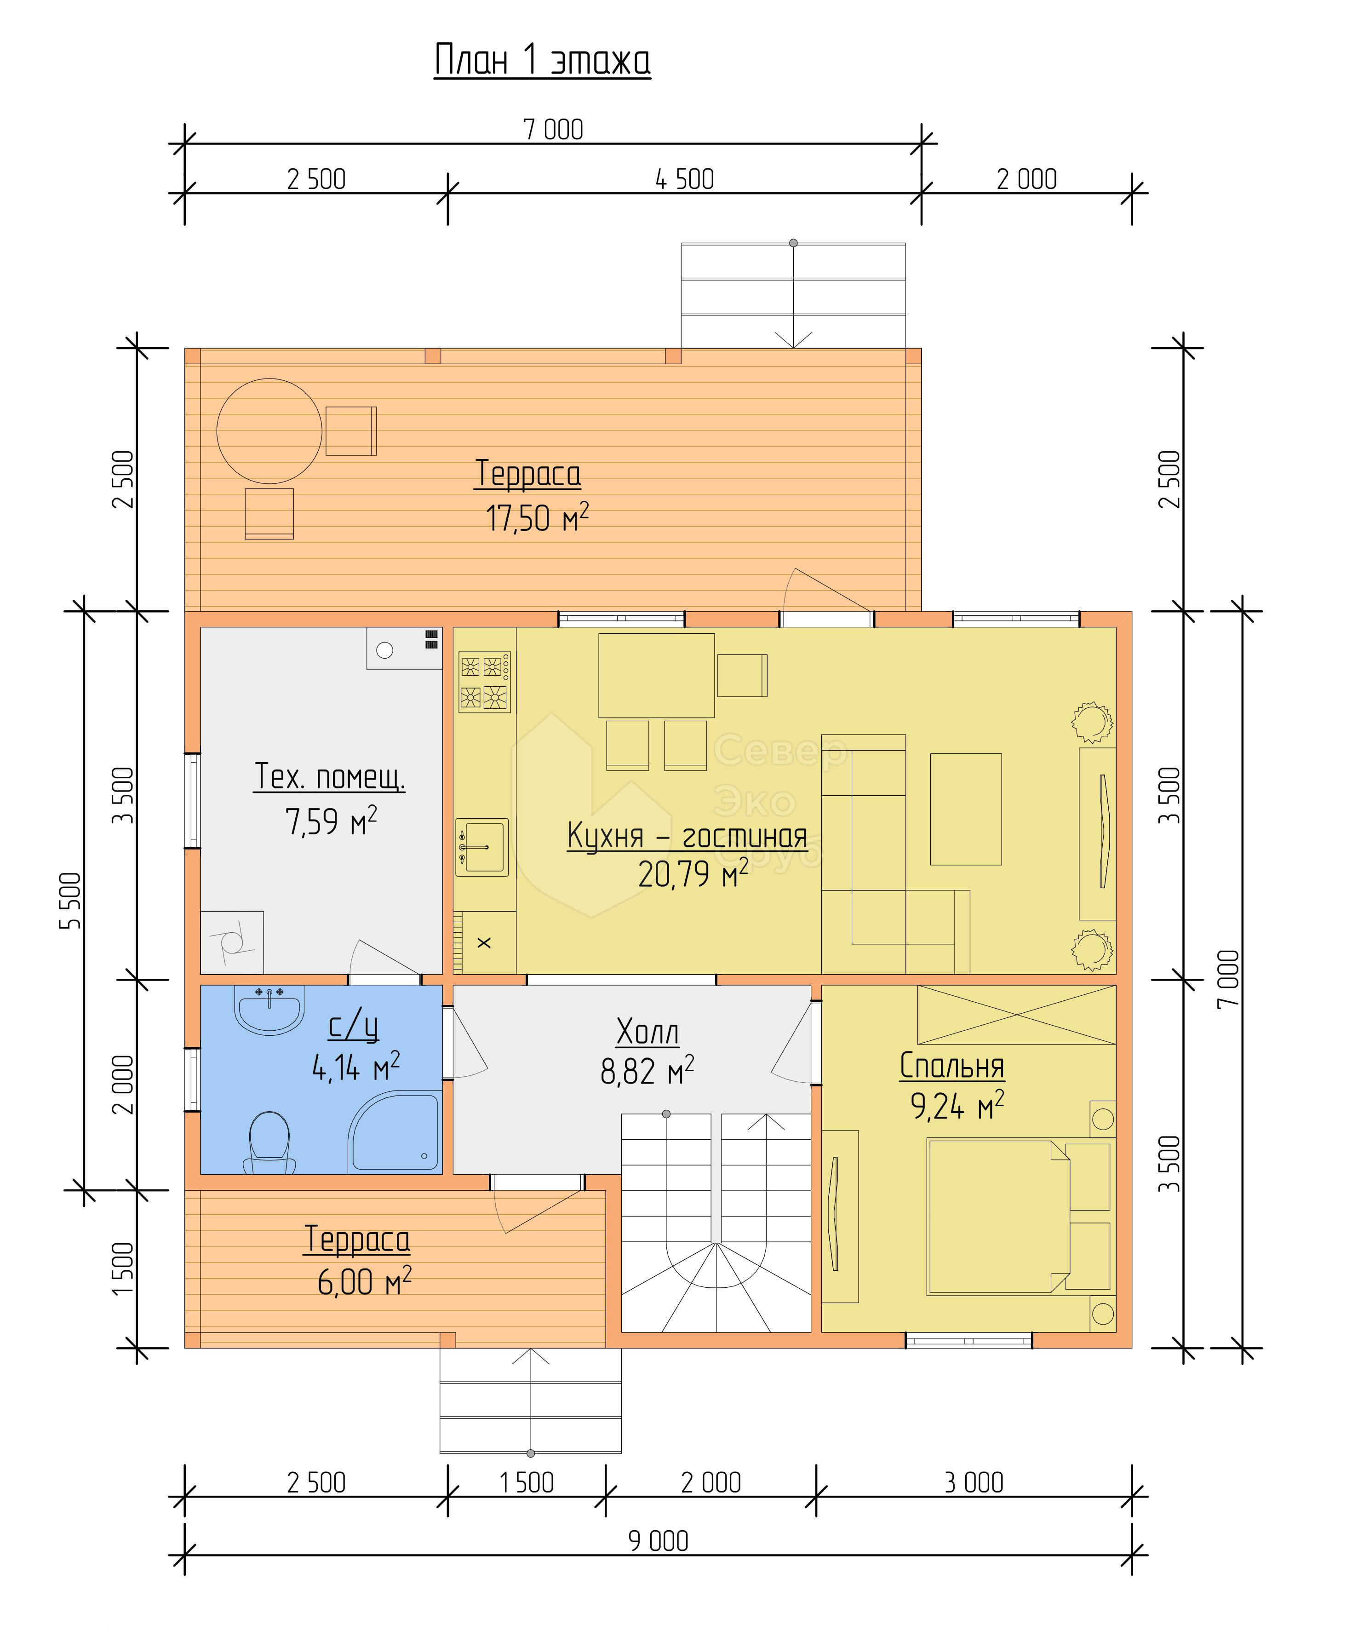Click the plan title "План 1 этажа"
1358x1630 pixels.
pyautogui.click(x=543, y=61)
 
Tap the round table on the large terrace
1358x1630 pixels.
pyautogui.click(x=269, y=431)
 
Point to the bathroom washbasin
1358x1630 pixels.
pyautogui.click(x=269, y=1010)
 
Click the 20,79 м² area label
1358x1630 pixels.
pyautogui.click(x=693, y=875)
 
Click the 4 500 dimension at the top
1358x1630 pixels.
pyautogui.click(x=684, y=179)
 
